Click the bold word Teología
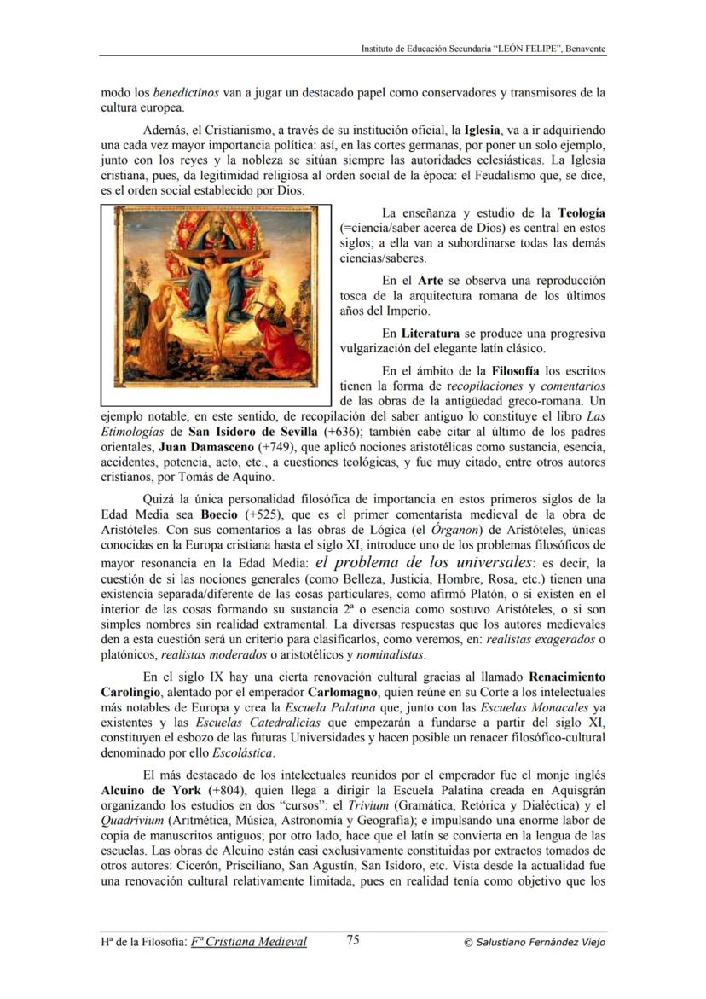pos(582,212)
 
